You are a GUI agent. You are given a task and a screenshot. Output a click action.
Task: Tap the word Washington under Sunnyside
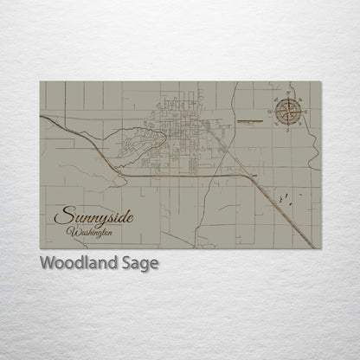coord(91,231)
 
